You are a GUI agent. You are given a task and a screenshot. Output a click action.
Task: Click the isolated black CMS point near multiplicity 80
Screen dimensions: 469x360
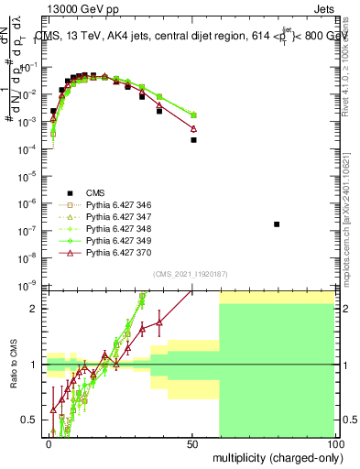click(x=277, y=224)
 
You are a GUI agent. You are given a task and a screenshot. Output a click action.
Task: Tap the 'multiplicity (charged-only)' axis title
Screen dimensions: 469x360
click(x=277, y=456)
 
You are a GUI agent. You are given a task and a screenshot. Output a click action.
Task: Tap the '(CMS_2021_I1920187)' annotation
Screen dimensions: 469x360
click(x=190, y=274)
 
